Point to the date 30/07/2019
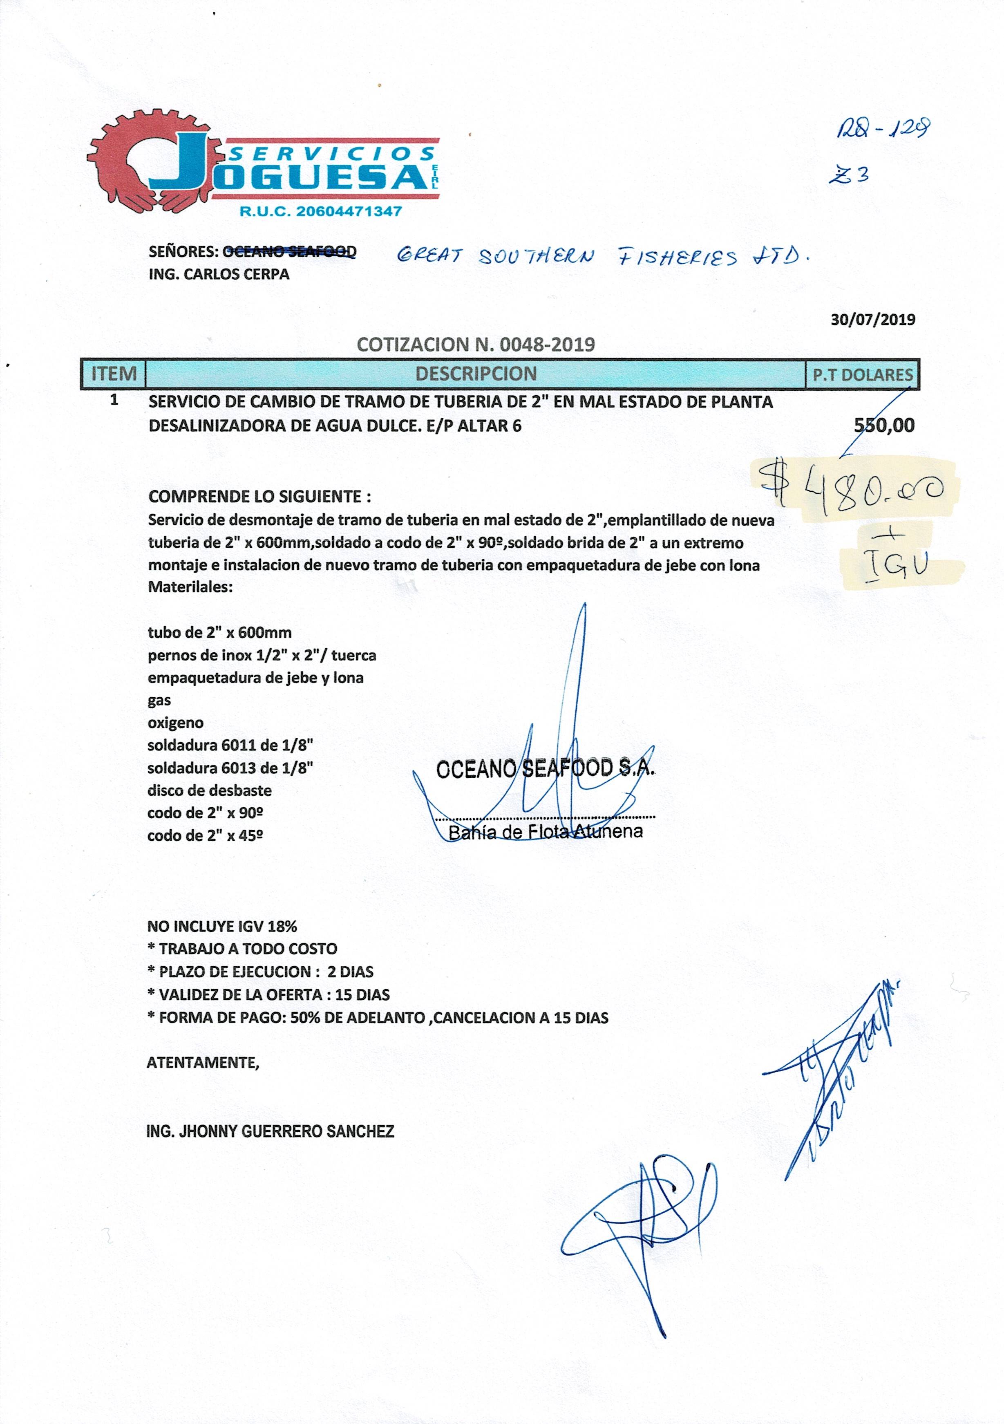(872, 319)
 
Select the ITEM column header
(114, 374)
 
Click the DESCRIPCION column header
(476, 374)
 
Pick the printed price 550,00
(884, 425)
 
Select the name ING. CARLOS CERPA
(219, 274)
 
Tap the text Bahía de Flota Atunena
(545, 832)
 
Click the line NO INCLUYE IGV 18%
(222, 927)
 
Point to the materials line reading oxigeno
(175, 723)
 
